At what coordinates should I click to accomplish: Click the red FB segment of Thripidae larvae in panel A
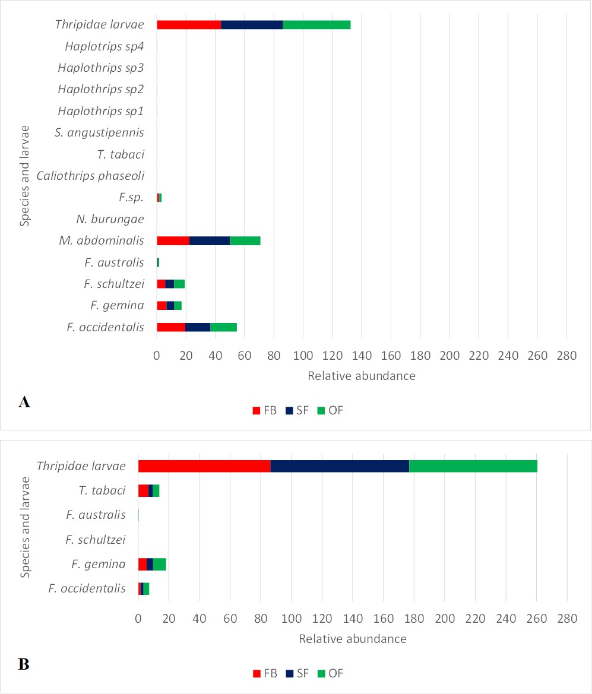pyautogui.click(x=189, y=25)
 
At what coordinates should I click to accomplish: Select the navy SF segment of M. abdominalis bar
pyautogui.click(x=209, y=240)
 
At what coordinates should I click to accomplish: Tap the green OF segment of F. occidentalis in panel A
pyautogui.click(x=223, y=327)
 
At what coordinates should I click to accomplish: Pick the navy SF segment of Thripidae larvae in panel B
pyautogui.click(x=340, y=466)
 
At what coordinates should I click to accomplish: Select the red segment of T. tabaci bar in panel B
pyautogui.click(x=143, y=490)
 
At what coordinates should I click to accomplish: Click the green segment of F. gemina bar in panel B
pyautogui.click(x=160, y=564)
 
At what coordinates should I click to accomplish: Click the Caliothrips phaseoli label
pyautogui.click(x=90, y=176)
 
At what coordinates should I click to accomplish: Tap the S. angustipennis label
pyautogui.click(x=99, y=132)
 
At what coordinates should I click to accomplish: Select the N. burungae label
pyautogui.click(x=110, y=219)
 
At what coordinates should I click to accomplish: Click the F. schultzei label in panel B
pyautogui.click(x=96, y=540)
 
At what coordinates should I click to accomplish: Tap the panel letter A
pyautogui.click(x=24, y=403)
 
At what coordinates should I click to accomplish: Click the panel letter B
pyautogui.click(x=24, y=664)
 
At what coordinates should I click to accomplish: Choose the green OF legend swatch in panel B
pyautogui.click(x=322, y=673)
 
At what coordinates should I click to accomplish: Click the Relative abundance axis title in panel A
pyautogui.click(x=361, y=376)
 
